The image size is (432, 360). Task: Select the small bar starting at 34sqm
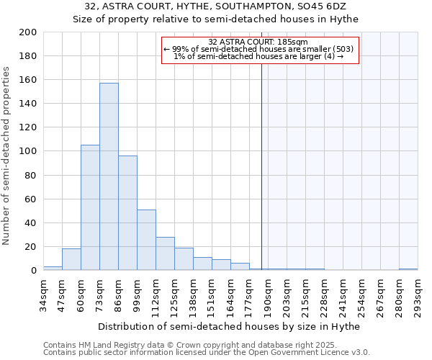(53, 268)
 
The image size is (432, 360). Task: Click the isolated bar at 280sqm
(408, 269)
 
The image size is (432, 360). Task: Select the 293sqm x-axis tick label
(418, 298)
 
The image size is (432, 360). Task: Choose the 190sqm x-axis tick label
(268, 298)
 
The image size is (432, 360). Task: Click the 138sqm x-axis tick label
(193, 298)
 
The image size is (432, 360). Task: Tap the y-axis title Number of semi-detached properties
(7, 155)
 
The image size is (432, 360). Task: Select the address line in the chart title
(215, 6)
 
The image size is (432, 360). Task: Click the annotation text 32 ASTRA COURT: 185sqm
(258, 42)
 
